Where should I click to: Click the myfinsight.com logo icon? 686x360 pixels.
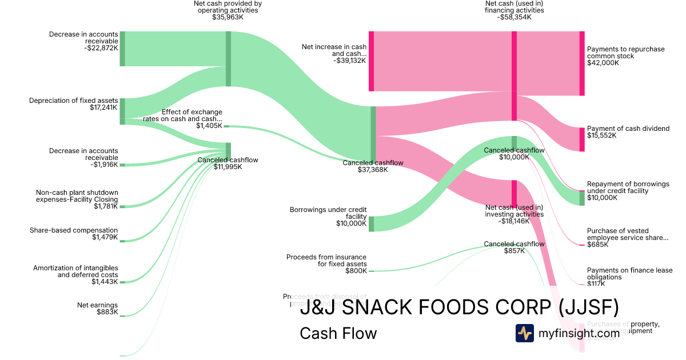(524, 333)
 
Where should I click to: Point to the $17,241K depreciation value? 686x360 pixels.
(103, 107)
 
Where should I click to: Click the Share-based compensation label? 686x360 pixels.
(74, 230)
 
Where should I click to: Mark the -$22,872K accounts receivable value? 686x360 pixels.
(101, 48)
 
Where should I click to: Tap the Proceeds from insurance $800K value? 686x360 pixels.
(356, 271)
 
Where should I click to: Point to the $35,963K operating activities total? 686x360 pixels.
(228, 17)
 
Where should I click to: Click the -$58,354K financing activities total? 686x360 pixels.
(514, 17)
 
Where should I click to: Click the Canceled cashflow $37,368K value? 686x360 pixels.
(373, 170)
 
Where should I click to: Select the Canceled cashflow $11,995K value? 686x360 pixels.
(228, 167)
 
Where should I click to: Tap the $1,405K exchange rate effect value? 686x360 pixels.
(209, 126)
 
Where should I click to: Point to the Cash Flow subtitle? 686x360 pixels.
(338, 333)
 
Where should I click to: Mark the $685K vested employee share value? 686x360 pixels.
(597, 245)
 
